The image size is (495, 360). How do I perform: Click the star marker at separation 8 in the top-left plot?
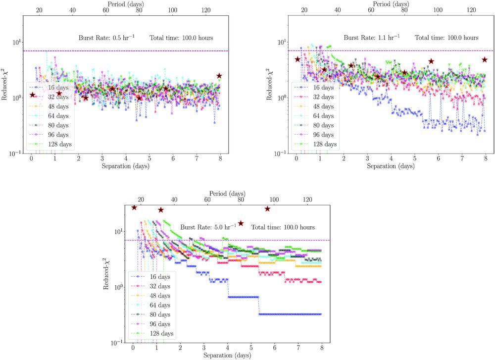[x=219, y=76]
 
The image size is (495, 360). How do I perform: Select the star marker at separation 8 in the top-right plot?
[x=485, y=59]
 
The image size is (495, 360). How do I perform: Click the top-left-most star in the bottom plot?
[x=134, y=207]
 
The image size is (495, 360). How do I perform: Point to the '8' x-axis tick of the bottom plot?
[x=322, y=348]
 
